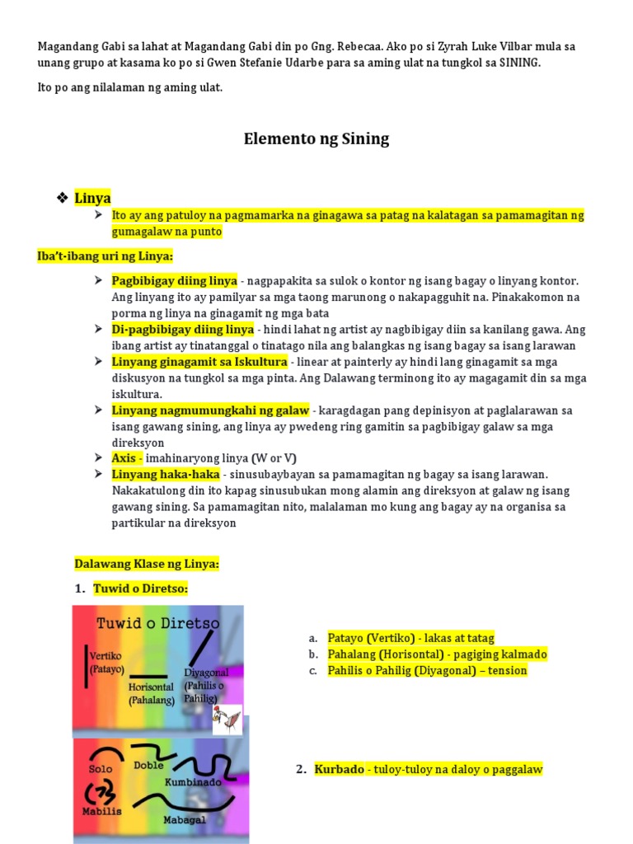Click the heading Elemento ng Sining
[316, 138]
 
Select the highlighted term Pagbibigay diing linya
[174, 280]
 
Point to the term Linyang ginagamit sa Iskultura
[199, 362]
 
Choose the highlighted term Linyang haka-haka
[166, 474]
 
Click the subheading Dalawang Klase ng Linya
[147, 564]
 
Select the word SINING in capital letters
[519, 63]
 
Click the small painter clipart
[227, 721]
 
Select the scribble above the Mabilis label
[100, 792]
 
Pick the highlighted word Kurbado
[339, 769]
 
